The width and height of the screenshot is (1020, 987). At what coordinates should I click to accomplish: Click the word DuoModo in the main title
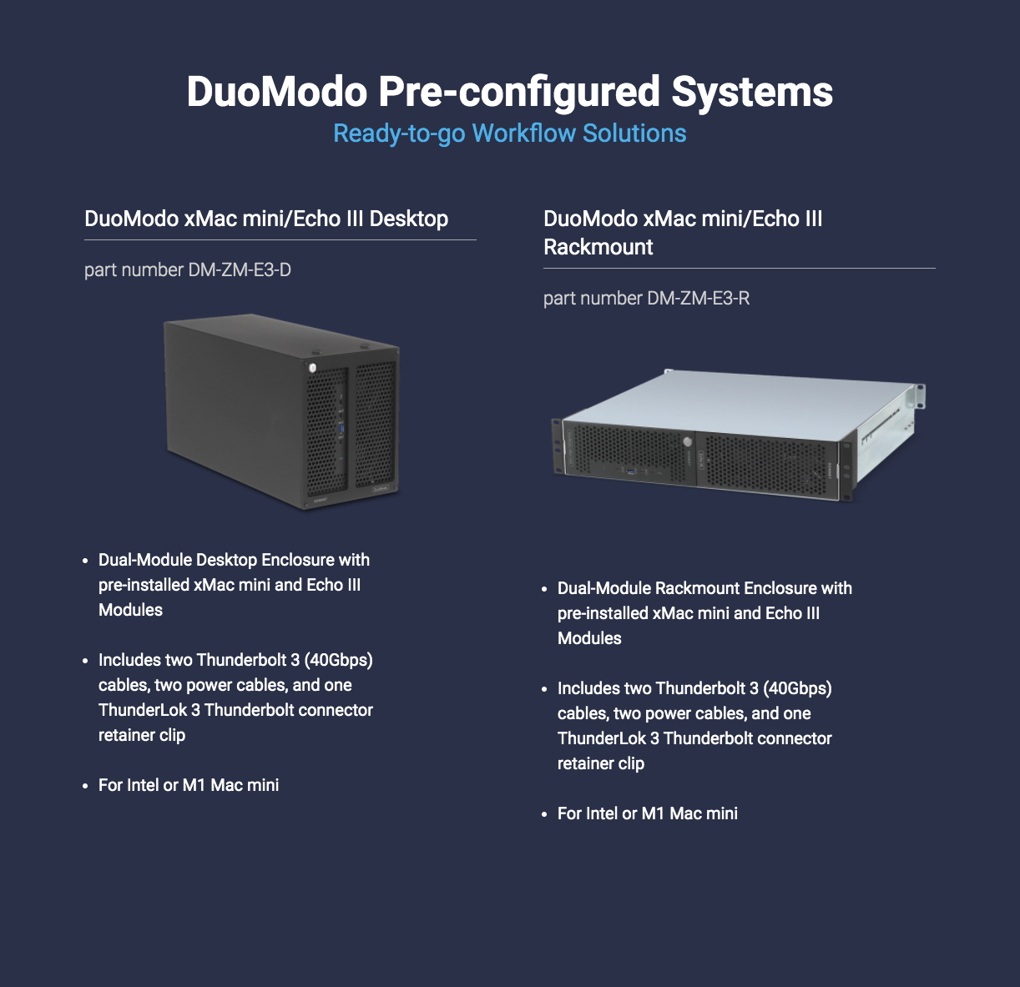point(277,91)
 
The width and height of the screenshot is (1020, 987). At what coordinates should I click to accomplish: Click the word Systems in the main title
point(752,93)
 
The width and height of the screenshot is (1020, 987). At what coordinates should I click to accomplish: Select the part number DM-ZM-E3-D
point(240,269)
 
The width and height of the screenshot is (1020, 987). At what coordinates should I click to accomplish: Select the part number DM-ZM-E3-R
point(698,298)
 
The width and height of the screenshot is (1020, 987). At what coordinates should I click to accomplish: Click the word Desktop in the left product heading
point(409,219)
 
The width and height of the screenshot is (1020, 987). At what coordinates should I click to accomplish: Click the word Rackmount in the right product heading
point(598,247)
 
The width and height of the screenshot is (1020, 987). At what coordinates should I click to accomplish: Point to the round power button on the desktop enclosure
point(313,368)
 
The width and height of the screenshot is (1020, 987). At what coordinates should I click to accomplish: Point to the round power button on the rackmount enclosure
point(688,442)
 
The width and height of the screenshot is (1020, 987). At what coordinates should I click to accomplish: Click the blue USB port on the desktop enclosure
point(342,430)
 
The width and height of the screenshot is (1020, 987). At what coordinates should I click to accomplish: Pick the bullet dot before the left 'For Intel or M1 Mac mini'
point(85,786)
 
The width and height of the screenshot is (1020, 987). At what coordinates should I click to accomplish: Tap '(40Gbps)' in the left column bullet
point(339,660)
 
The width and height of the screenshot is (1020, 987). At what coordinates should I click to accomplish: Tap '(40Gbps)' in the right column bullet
point(797,688)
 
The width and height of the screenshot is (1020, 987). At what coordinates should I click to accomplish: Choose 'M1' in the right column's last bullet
point(653,813)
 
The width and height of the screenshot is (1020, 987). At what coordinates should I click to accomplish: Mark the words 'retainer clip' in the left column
point(142,736)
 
